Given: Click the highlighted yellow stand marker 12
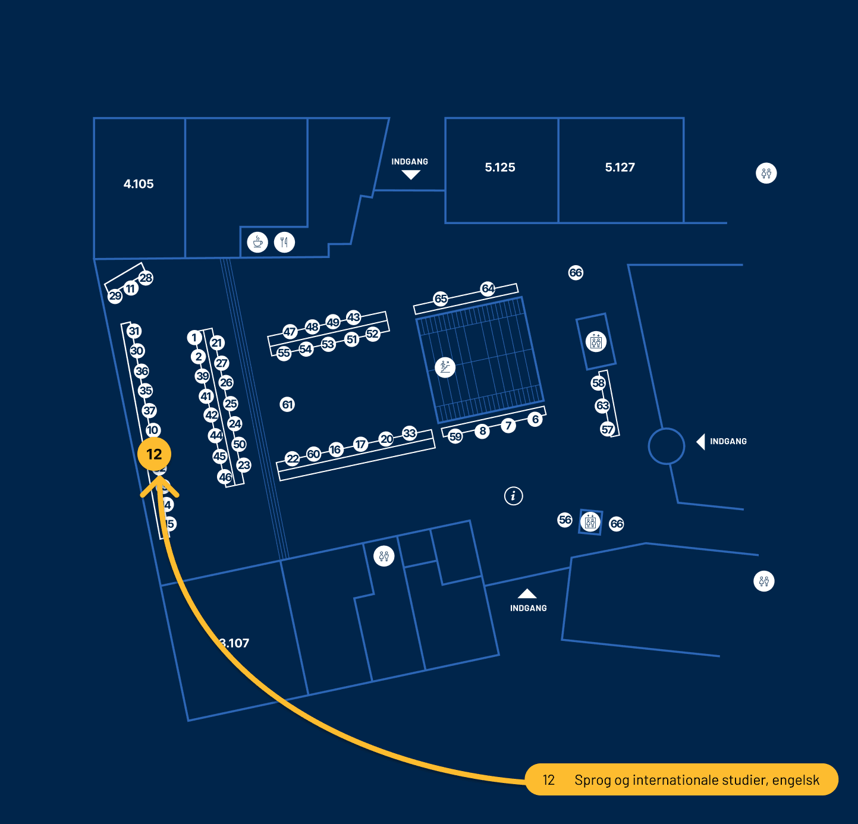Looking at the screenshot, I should click(154, 454).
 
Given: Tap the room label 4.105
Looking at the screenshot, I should click(139, 184).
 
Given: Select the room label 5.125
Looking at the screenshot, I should click(500, 168).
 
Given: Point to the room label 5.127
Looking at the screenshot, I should click(620, 168).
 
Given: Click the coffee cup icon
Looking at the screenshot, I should click(257, 242).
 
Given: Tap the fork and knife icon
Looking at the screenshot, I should click(285, 242).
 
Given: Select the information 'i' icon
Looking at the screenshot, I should click(514, 495).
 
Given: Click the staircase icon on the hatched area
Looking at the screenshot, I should click(445, 367).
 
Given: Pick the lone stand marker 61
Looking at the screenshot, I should click(288, 405).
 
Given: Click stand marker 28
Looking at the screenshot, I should click(146, 278).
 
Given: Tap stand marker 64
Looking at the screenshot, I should click(488, 288).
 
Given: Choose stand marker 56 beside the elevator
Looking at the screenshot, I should click(565, 520).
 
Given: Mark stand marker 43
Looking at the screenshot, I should click(354, 317).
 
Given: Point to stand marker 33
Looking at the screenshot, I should click(410, 433).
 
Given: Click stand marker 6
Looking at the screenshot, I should click(535, 419).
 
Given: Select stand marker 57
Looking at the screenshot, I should click(607, 429).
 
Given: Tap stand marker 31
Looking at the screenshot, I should click(134, 331).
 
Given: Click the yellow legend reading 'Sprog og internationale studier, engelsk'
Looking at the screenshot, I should click(681, 779).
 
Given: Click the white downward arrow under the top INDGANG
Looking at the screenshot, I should click(411, 175).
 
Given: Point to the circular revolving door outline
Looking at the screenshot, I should click(667, 446).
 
